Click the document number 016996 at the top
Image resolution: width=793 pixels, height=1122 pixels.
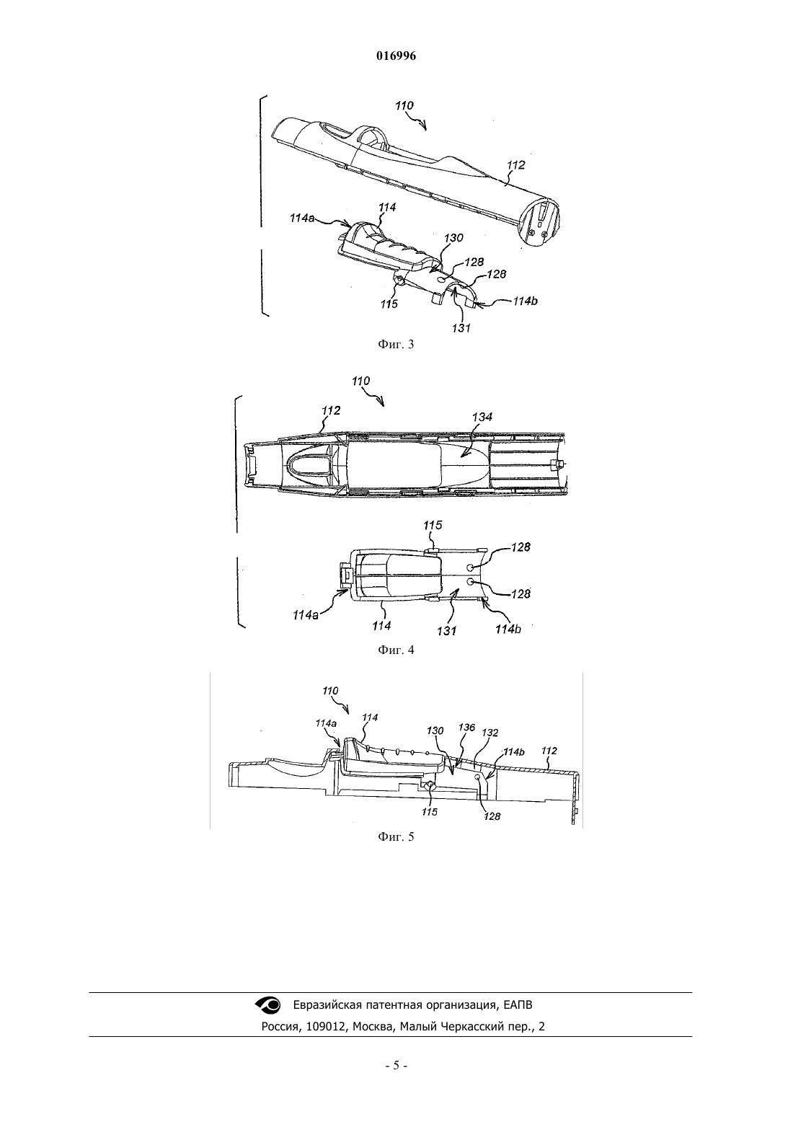pyautogui.click(x=396, y=56)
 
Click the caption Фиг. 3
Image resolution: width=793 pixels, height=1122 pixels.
pyautogui.click(x=396, y=344)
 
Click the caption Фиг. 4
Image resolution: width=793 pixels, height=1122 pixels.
pyautogui.click(x=396, y=650)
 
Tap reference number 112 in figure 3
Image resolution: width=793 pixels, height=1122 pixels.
pyautogui.click(x=515, y=165)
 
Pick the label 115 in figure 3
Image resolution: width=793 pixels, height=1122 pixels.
pyautogui.click(x=389, y=304)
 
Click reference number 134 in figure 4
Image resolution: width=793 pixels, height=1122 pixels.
pyautogui.click(x=482, y=417)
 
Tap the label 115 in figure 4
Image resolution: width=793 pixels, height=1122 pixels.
pyautogui.click(x=433, y=525)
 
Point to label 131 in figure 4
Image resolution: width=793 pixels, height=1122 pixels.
pyautogui.click(x=446, y=631)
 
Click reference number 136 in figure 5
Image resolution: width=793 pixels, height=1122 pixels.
pyautogui.click(x=466, y=727)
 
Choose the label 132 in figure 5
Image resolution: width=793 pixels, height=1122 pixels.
pyautogui.click(x=490, y=733)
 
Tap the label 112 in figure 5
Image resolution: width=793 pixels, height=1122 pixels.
pyautogui.click(x=549, y=751)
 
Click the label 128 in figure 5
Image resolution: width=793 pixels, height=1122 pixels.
pyautogui.click(x=492, y=816)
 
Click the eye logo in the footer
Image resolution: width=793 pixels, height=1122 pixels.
pyautogui.click(x=269, y=1003)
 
